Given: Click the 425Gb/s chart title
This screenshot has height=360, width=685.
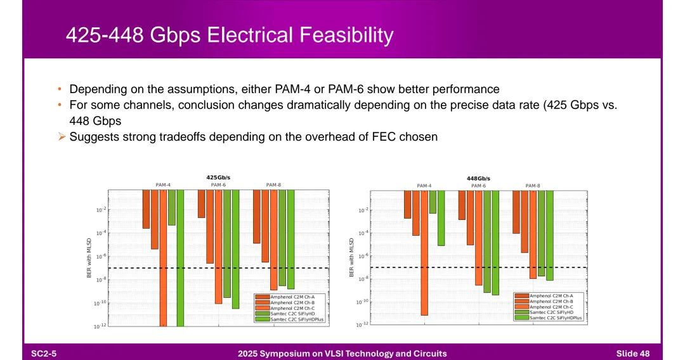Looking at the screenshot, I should point(218,177).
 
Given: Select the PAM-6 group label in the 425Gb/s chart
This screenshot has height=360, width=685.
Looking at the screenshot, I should point(218,184).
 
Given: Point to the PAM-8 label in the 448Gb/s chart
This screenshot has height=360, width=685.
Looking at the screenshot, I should point(533,186).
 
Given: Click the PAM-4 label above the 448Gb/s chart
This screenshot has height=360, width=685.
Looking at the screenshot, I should point(424,186).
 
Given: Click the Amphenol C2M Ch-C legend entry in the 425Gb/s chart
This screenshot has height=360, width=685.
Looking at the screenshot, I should point(289,308).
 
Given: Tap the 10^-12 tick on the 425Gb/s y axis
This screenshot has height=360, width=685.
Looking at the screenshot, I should point(98,326).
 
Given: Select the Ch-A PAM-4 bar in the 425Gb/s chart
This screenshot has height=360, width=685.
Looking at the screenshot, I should point(146,209).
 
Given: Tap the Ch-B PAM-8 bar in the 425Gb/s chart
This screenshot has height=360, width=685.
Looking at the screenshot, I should point(265,226).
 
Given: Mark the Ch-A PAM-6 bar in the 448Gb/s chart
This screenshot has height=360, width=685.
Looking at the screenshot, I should point(462,205).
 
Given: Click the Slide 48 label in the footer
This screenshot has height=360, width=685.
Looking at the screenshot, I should point(632,353).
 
